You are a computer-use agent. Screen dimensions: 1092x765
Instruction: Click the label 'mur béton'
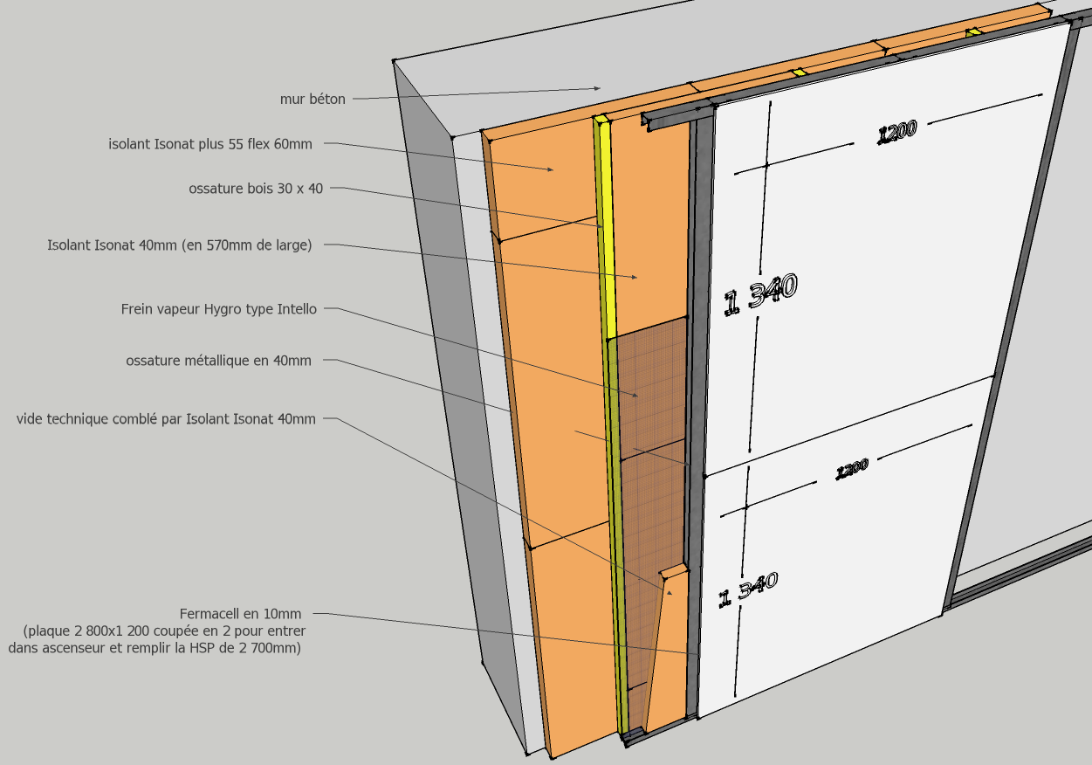tap(312, 100)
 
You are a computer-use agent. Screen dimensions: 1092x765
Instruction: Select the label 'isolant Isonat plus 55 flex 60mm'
tap(210, 144)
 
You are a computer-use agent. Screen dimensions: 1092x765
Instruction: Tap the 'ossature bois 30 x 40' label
tap(256, 189)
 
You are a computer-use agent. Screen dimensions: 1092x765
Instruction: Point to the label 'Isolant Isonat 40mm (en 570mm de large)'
tap(179, 245)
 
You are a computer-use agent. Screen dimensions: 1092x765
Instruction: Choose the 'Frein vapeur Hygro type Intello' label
tap(219, 309)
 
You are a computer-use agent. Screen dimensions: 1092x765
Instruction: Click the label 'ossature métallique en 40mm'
tap(218, 361)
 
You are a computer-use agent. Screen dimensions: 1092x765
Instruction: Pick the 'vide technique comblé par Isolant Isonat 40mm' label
tap(166, 419)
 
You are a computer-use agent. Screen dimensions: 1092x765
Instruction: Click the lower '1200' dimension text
tap(852, 470)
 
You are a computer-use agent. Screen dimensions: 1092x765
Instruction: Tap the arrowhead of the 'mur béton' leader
tap(599, 88)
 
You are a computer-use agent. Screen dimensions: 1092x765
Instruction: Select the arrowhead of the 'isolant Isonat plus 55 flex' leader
tap(552, 170)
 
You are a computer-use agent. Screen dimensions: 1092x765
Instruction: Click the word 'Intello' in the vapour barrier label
tap(297, 309)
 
